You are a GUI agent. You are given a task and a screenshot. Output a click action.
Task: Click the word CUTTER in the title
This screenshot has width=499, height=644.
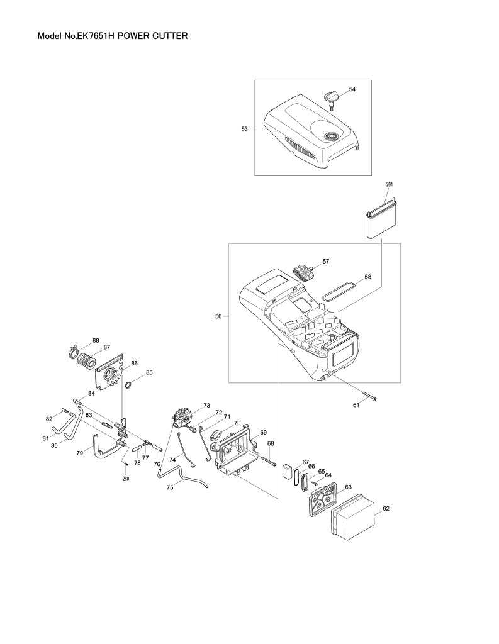pyautogui.click(x=170, y=36)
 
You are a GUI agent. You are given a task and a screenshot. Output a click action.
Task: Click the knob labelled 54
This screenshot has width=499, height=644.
pyautogui.click(x=332, y=96)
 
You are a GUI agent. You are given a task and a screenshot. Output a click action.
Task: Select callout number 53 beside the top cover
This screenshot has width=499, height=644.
pyautogui.click(x=244, y=128)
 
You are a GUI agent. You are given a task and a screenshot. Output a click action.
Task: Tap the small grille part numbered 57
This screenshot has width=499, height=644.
pyautogui.click(x=303, y=272)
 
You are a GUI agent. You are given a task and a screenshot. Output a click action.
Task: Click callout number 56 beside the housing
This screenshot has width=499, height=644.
pyautogui.click(x=218, y=316)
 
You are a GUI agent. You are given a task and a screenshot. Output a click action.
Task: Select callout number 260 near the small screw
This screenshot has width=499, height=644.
pyautogui.click(x=126, y=479)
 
